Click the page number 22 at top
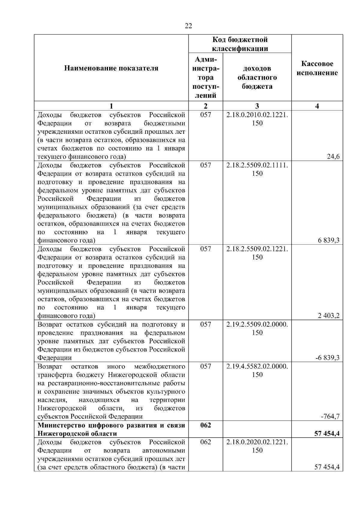click(188, 26)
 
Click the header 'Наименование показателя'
click(111, 68)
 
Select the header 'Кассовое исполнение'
click(317, 68)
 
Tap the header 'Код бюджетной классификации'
click(240, 44)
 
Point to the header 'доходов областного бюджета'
click(257, 77)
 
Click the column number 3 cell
click(257, 106)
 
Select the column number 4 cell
click(317, 106)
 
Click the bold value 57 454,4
click(327, 433)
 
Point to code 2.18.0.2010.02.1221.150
click(257, 119)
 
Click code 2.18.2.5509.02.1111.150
click(257, 169)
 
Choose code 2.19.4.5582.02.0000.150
click(257, 370)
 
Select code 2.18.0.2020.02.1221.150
click(257, 446)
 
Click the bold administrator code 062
click(205, 425)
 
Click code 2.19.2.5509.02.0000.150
click(257, 328)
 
